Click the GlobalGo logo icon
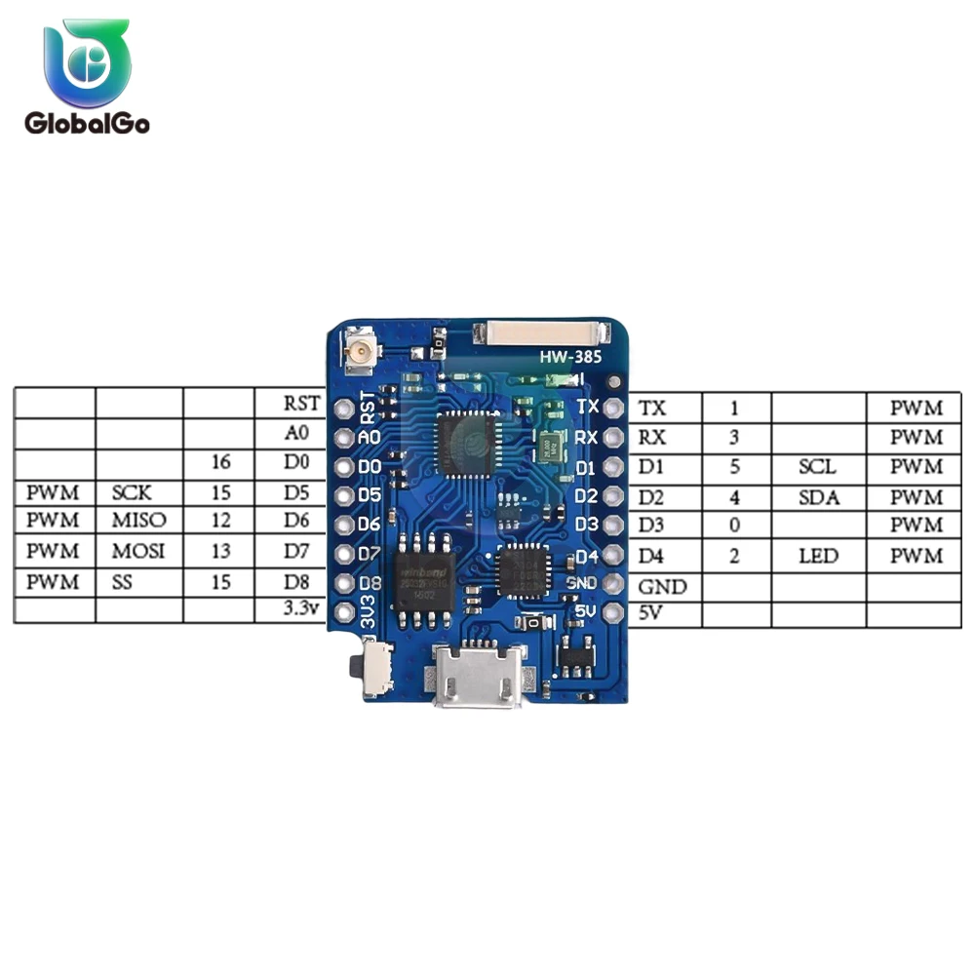[87, 65]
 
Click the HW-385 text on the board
[565, 358]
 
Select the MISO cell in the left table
[138, 522]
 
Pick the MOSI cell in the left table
[138, 552]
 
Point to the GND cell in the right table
[663, 587]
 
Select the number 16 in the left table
[220, 463]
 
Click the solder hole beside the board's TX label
[613, 408]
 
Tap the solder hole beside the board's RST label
[342, 409]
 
